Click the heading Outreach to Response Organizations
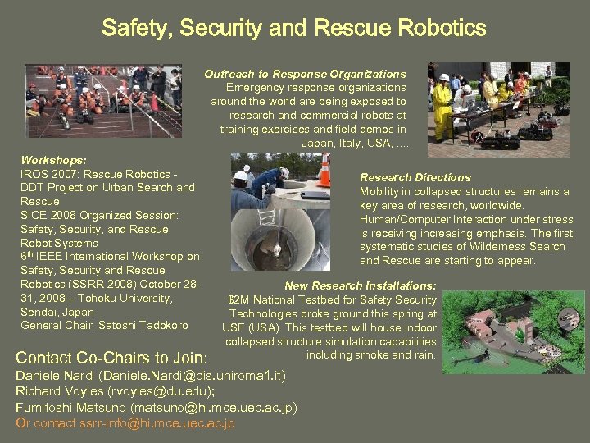click(x=305, y=74)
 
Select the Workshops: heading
click(x=54, y=160)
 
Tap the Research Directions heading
click(x=415, y=177)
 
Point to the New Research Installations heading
click(x=360, y=285)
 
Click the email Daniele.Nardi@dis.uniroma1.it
click(x=193, y=376)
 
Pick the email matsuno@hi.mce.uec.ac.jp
click(x=213, y=408)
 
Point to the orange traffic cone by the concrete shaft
click(x=324, y=171)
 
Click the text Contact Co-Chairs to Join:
click(x=111, y=358)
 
